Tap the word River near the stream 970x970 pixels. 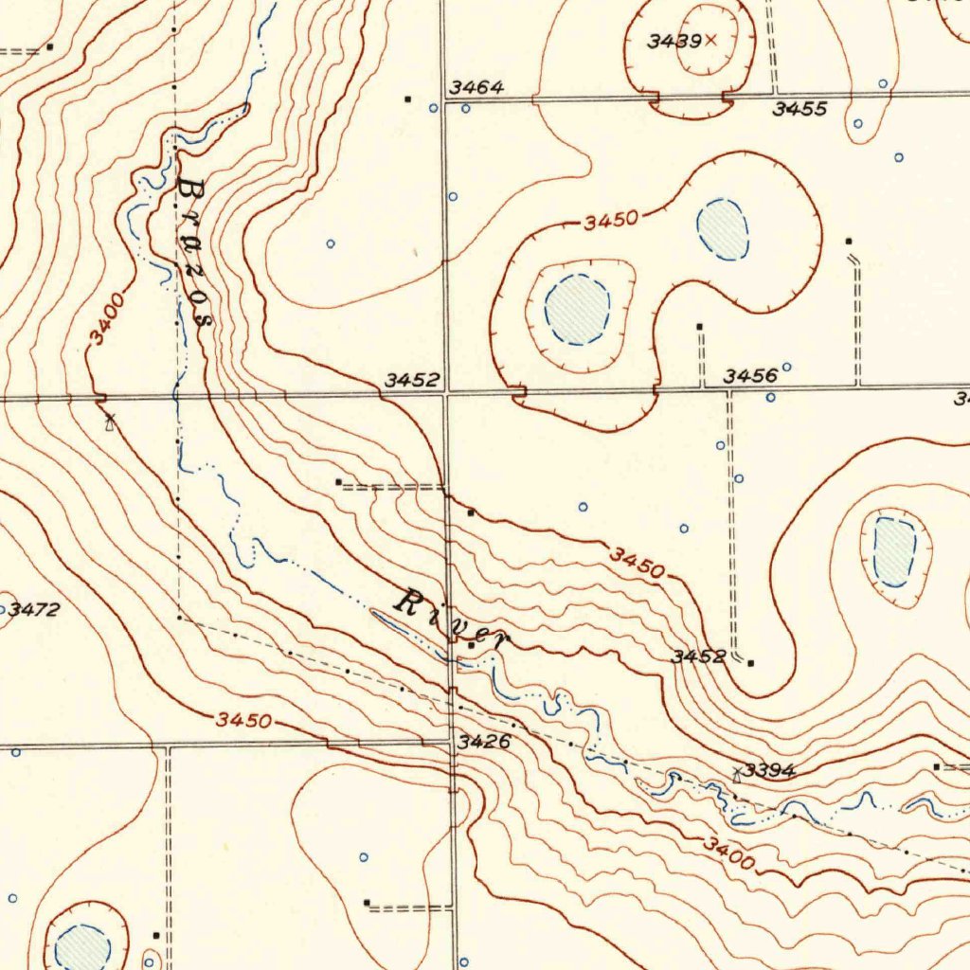click(451, 620)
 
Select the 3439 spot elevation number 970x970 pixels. click(674, 41)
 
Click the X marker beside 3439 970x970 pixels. click(711, 40)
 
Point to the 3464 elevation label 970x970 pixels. click(476, 87)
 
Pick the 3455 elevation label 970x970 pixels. click(799, 109)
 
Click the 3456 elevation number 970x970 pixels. click(750, 376)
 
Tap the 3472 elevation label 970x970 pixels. click(34, 609)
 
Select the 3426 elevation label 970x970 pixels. click(484, 742)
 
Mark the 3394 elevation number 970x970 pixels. click(768, 770)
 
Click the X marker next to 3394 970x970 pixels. click(737, 773)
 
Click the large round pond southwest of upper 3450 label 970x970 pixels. click(577, 309)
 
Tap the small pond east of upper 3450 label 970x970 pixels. click(723, 228)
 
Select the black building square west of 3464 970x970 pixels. click(408, 99)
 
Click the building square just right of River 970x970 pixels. click(472, 644)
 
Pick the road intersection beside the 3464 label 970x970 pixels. click(444, 99)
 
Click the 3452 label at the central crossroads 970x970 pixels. click(412, 380)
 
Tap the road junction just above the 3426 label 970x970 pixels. click(452, 740)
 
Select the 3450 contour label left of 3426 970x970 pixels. click(244, 720)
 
